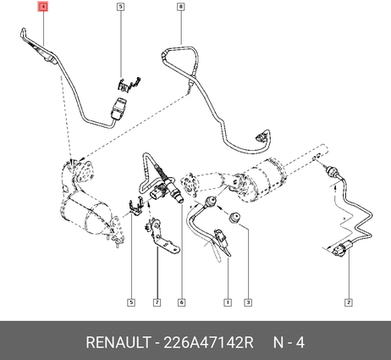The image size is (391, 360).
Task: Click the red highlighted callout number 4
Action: click(43, 7)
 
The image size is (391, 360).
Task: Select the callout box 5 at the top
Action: click(120, 6)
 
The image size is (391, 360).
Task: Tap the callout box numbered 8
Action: click(181, 6)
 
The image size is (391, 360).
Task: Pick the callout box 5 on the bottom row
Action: click(131, 302)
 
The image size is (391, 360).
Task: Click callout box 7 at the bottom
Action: click(157, 302)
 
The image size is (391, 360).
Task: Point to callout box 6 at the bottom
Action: click(181, 302)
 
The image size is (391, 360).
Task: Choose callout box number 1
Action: click(228, 302)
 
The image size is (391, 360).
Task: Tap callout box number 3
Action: click(248, 302)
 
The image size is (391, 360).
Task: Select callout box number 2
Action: click(349, 302)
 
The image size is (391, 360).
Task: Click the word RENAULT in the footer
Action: click(118, 343)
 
